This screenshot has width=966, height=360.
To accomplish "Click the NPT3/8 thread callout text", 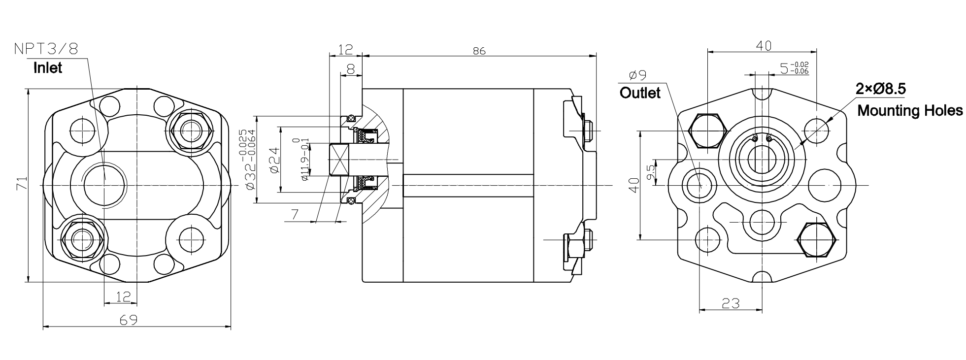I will point(46,49).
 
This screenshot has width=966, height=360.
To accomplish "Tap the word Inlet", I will point(48,67).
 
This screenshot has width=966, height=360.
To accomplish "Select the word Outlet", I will point(639,93).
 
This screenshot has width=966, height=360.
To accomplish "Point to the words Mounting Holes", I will point(909,110).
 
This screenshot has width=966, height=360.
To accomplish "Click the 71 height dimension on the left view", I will point(20,186).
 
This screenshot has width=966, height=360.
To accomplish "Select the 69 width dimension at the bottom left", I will point(129,320).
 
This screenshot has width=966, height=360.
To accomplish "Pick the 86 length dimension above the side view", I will point(479,51).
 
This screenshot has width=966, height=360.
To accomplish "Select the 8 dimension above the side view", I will point(351,69).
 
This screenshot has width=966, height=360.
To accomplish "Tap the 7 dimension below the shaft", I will point(295,215).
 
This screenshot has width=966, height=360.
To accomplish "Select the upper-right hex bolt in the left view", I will point(189,130).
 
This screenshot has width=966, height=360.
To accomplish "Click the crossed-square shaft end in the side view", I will point(338,160).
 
